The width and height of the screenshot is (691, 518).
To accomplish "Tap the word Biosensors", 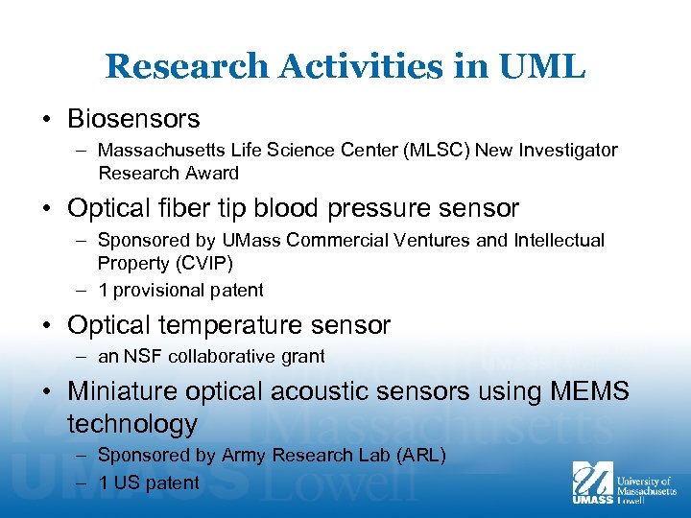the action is point(133,119).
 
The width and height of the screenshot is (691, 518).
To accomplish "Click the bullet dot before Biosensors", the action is point(48,120).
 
